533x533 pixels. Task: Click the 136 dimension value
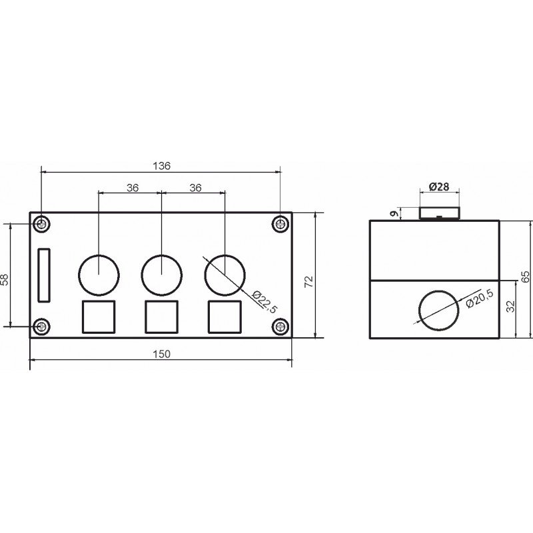163,165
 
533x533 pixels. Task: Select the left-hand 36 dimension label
132,188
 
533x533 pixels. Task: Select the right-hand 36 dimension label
195,188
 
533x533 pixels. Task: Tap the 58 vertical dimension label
6,280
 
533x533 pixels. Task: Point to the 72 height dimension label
308,281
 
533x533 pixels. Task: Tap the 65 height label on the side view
526,276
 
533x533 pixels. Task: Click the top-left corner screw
43,224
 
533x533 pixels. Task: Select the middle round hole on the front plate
162,273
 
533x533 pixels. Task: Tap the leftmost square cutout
99,316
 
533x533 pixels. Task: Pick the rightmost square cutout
225,316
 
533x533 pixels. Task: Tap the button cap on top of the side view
438,213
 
